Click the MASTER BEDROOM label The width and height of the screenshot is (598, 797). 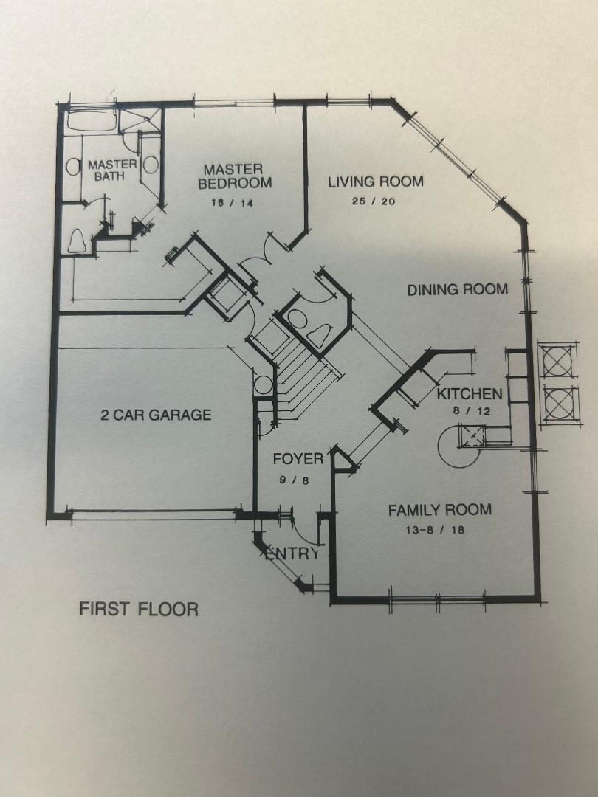(x=235, y=176)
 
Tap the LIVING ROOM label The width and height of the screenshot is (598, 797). (x=375, y=182)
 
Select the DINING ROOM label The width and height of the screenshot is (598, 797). (x=457, y=290)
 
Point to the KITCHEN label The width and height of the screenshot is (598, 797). (x=470, y=393)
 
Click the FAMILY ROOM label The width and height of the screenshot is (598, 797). (x=440, y=510)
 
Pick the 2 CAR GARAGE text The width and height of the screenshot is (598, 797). (x=156, y=415)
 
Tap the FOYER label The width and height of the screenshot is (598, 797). (x=298, y=459)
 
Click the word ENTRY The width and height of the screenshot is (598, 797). (x=292, y=553)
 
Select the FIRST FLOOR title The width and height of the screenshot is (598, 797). (x=139, y=609)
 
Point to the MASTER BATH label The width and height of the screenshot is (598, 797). (x=112, y=170)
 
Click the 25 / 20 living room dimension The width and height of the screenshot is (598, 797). (x=374, y=201)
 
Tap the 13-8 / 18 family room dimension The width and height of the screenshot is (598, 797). (x=436, y=530)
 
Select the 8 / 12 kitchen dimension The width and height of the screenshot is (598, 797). (x=472, y=411)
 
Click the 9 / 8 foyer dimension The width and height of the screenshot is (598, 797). (x=295, y=480)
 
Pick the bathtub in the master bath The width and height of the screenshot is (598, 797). (x=92, y=121)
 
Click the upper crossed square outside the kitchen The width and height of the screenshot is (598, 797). (x=558, y=360)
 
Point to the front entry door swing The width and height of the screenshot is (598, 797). (x=306, y=528)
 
